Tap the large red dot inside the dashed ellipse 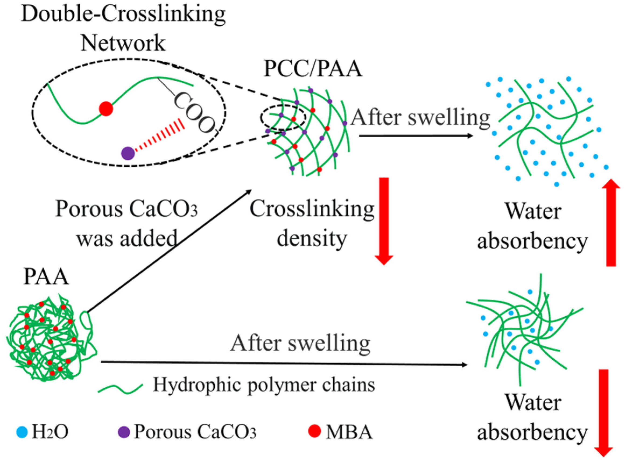click(x=106, y=109)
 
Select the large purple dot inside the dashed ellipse click(x=128, y=153)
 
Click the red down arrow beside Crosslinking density click(x=384, y=221)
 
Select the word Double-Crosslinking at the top click(x=123, y=14)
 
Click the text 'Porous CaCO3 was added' click(x=126, y=224)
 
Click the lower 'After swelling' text click(x=300, y=344)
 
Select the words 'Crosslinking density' click(x=312, y=224)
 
